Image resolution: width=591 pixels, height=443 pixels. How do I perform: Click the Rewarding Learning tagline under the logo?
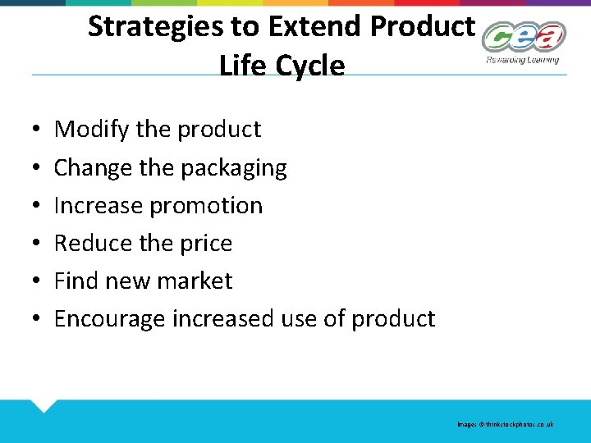(522, 59)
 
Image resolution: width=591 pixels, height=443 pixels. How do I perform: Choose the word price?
(208, 244)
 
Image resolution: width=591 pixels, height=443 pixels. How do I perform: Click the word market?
(194, 281)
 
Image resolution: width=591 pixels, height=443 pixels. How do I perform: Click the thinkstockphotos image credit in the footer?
(506, 424)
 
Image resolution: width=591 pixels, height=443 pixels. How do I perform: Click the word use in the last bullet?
(300, 319)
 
